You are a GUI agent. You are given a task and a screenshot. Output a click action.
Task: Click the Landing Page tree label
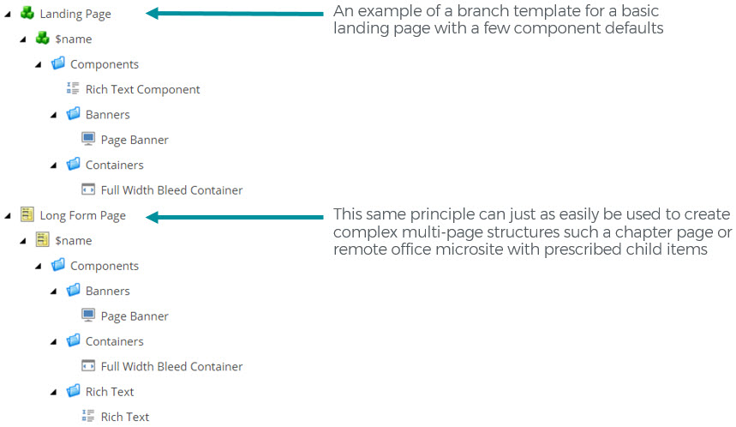(x=75, y=14)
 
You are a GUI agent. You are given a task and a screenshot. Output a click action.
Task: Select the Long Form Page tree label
(x=82, y=215)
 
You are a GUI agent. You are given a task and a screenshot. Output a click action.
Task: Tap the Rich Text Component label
(x=143, y=90)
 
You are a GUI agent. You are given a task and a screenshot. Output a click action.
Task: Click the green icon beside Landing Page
(x=27, y=13)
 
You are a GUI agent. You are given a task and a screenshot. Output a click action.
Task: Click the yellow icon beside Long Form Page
(x=27, y=214)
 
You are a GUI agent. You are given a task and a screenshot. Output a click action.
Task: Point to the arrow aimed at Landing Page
(x=235, y=14)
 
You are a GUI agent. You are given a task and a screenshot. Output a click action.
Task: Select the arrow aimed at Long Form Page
(x=235, y=217)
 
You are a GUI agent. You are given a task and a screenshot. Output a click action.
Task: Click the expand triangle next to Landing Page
(x=8, y=15)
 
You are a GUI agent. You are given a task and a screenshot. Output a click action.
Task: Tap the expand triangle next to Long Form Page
(x=8, y=216)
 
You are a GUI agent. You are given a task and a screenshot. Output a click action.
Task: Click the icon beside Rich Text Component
(x=73, y=87)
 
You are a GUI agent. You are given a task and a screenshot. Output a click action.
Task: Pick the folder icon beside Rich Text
(x=73, y=390)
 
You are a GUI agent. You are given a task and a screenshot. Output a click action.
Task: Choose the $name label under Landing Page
(x=73, y=39)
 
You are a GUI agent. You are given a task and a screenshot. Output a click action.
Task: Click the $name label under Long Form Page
(x=73, y=241)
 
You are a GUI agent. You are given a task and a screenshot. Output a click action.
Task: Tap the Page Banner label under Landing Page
(x=135, y=140)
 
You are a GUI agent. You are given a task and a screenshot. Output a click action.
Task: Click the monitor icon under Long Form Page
(x=88, y=315)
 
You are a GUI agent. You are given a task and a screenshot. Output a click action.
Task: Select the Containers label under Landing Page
(x=115, y=165)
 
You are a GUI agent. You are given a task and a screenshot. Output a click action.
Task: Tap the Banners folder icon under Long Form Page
(x=73, y=290)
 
